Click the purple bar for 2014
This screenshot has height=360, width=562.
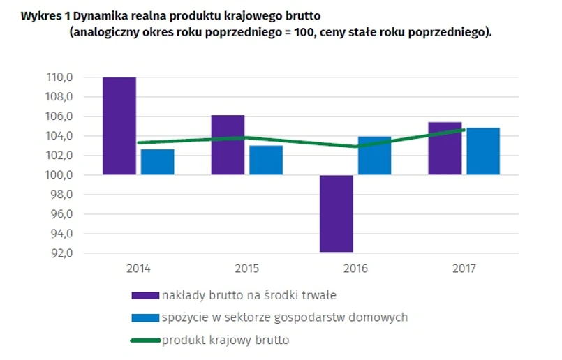[119, 126]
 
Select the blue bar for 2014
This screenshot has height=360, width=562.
[157, 162]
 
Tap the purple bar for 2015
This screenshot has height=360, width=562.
[228, 144]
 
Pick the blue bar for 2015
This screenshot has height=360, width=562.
[266, 160]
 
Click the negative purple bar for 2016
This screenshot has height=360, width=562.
[336, 213]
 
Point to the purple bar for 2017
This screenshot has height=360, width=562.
[445, 148]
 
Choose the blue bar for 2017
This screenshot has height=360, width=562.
[483, 151]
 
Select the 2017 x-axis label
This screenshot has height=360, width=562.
[464, 268]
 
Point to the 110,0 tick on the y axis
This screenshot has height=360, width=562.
[60, 77]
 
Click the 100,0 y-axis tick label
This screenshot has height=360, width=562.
[60, 175]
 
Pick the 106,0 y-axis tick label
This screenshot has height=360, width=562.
[60, 117]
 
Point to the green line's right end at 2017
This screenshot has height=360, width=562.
[464, 130]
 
